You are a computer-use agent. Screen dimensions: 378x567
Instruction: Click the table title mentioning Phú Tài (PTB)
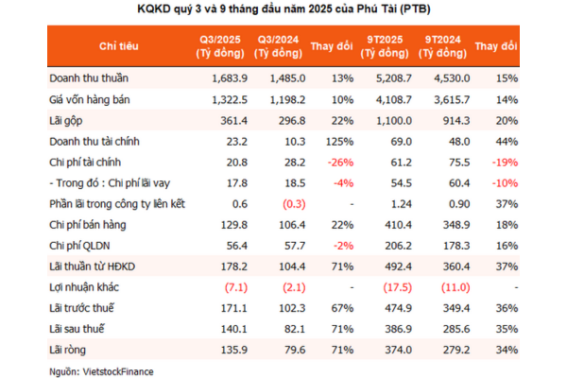click(283, 12)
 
